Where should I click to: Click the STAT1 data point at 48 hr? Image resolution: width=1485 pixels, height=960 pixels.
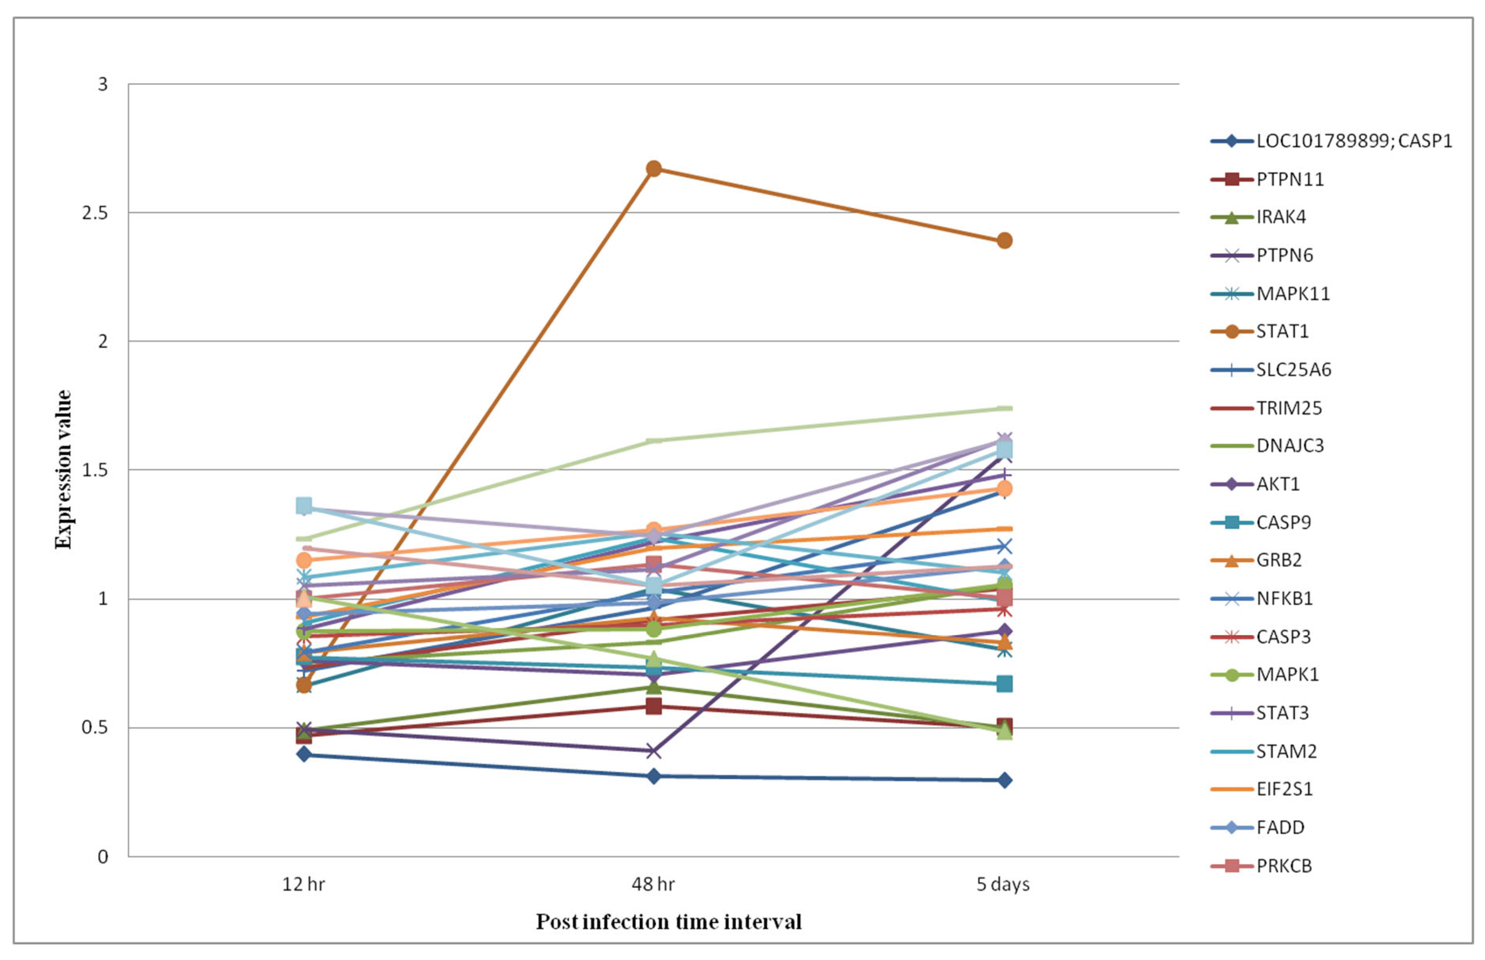pos(653,168)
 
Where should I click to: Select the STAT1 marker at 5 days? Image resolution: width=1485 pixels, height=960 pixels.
pos(1004,240)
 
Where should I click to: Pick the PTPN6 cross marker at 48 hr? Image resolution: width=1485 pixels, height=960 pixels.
pos(653,751)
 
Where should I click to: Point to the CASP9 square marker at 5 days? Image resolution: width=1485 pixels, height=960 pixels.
pos(1004,684)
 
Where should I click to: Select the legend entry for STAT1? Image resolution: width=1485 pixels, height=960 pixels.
pos(1282,332)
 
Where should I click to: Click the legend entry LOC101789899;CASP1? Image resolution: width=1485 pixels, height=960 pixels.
pos(1353,141)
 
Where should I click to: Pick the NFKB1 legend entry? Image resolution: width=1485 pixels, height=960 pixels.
pos(1284,598)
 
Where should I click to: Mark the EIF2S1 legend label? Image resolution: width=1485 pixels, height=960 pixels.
pos(1284,789)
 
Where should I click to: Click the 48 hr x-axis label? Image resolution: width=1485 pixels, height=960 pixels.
pos(653,884)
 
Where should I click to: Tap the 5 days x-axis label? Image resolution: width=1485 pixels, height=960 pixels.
pos(1003,884)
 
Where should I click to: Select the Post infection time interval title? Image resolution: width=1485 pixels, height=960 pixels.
pos(668,921)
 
